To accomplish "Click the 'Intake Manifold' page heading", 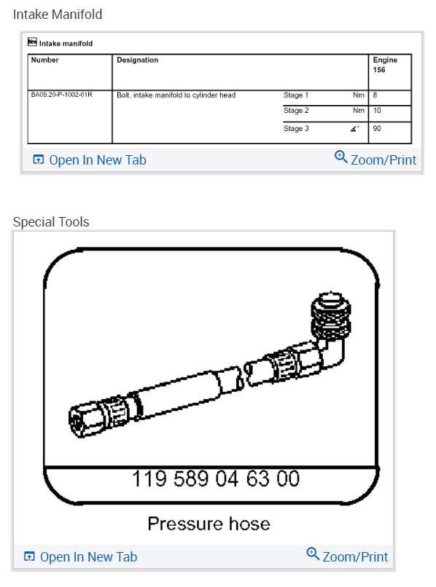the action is [58, 15].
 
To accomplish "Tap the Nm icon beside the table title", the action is [32, 42].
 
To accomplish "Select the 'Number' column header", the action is [44, 60].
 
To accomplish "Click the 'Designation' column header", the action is [137, 60].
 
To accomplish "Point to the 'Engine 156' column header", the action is [385, 65].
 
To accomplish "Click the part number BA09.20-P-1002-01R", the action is [61, 95].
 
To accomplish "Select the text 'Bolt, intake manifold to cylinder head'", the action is [176, 95].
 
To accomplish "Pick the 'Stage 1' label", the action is [296, 95].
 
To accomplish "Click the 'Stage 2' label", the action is [296, 111].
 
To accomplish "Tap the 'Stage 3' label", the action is [296, 128].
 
